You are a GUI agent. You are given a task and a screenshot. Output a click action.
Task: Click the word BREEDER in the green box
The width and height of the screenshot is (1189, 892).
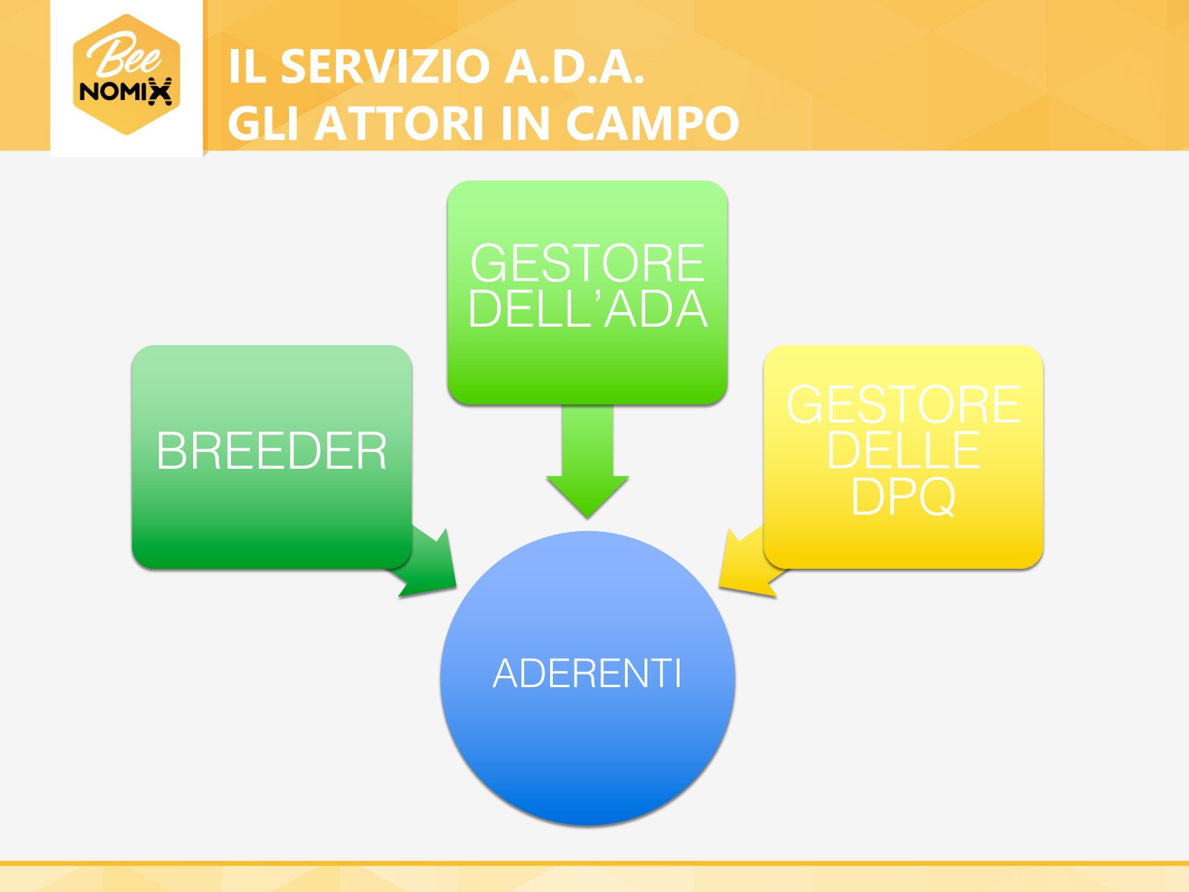point(272,451)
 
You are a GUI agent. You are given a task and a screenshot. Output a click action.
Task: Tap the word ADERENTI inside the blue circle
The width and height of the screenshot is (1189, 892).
point(586,674)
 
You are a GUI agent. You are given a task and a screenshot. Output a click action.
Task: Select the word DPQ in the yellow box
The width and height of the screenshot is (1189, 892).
point(903,497)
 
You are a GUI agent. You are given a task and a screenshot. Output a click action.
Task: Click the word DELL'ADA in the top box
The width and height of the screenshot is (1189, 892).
point(587,309)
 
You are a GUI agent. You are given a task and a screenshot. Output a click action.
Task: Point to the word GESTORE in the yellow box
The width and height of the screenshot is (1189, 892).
point(903,404)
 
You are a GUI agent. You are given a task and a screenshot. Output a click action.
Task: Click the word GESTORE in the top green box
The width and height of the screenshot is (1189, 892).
point(587,263)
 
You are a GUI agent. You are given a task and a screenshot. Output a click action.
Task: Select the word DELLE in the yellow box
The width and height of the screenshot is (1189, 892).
point(903,451)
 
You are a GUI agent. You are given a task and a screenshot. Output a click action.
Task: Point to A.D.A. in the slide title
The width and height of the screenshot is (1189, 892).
point(574,67)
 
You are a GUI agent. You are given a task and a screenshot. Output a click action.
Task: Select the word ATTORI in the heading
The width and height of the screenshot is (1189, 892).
point(399,124)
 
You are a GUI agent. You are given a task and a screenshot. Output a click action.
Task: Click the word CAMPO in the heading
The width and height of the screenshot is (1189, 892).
point(652,124)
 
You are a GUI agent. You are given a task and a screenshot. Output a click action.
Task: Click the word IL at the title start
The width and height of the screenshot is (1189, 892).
point(247,67)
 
